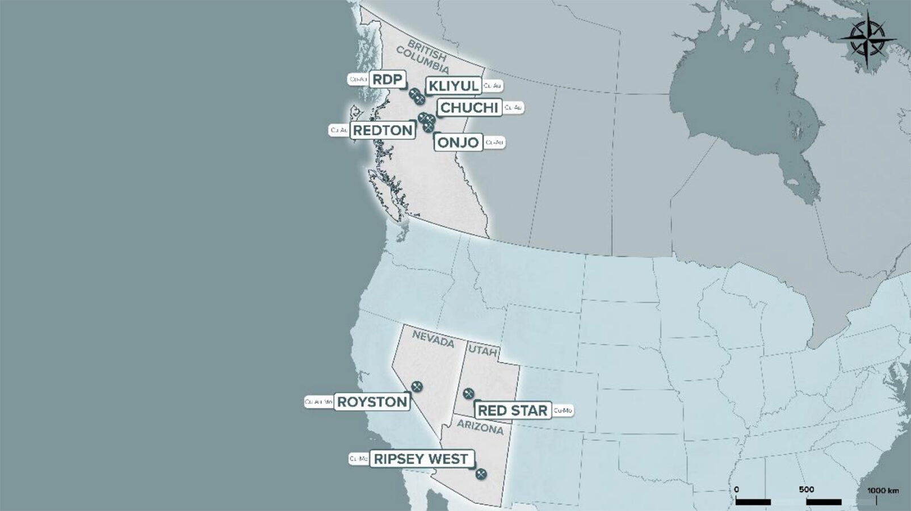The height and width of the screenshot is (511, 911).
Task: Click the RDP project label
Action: point(387,79)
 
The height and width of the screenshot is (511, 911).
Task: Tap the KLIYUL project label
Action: point(454,86)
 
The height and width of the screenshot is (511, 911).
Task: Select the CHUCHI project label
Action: point(469,107)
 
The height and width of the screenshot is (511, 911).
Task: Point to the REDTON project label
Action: point(383,130)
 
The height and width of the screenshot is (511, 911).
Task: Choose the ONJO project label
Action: point(459,142)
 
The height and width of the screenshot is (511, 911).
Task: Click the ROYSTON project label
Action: point(372,402)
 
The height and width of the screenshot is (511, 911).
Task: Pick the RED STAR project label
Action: point(513,411)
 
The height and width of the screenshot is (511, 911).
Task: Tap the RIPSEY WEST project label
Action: point(421,459)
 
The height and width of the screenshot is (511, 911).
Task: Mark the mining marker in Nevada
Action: point(417,387)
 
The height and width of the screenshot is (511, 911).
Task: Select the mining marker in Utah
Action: point(468,393)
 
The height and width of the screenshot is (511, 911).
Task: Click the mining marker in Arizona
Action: point(481,474)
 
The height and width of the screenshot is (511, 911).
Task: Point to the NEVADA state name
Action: point(433,339)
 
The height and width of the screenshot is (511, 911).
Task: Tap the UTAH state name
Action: point(483,352)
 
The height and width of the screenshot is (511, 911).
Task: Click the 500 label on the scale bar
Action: point(806,489)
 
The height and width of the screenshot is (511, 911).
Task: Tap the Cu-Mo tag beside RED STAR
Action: point(562,410)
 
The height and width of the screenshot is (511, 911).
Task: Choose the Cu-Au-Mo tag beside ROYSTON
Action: point(318,402)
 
